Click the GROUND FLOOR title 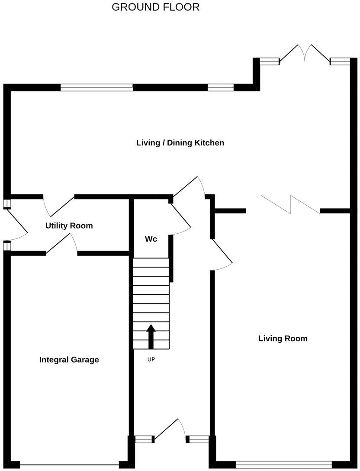tap(155, 7)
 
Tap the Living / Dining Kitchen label tap(180, 142)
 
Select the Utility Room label tap(69, 226)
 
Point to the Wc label tap(151, 239)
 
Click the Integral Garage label tap(69, 359)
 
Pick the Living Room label tap(283, 338)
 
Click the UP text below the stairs tap(151, 359)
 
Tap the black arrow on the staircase tap(151, 336)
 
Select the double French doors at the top tap(305, 54)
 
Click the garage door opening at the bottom tap(69, 465)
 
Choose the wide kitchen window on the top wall tap(96, 87)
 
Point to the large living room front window tap(283, 463)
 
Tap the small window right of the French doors tap(340, 61)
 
